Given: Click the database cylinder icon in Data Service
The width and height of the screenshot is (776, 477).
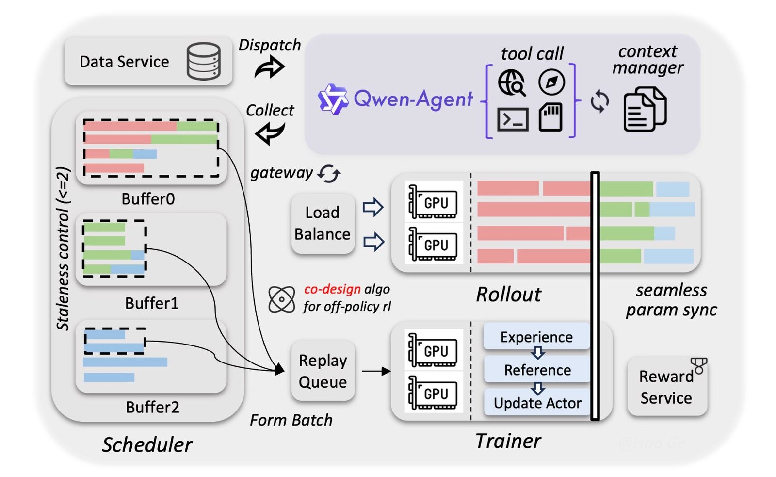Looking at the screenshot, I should (x=204, y=61).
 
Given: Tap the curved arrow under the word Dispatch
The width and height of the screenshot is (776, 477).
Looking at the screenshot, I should (x=269, y=67).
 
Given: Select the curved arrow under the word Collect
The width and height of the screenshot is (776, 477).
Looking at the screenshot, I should (x=270, y=132).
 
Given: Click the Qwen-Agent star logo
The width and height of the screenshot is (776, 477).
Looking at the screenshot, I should (x=333, y=99).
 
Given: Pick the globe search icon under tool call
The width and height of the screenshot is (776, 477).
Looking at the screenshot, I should (x=512, y=82).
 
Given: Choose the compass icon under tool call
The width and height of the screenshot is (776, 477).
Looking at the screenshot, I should (x=551, y=82).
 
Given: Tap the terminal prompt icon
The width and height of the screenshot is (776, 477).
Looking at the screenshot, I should (x=513, y=119).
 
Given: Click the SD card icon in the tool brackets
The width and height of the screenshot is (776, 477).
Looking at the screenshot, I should (x=550, y=118).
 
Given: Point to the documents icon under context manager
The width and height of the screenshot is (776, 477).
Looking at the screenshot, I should (x=645, y=110).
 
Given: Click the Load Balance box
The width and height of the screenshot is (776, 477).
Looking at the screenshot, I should (x=323, y=223).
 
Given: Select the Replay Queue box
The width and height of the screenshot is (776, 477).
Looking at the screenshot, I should (x=323, y=371).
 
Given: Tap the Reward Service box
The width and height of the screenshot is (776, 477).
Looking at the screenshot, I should (x=666, y=387).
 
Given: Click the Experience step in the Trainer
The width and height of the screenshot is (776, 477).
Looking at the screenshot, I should (x=536, y=336).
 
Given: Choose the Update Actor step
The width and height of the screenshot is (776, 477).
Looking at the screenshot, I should (x=537, y=403).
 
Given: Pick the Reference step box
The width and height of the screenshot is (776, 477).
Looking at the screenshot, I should (x=537, y=370).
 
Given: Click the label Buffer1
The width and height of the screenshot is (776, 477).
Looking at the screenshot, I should (x=152, y=303).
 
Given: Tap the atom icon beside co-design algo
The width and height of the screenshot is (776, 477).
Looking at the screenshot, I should (x=282, y=299).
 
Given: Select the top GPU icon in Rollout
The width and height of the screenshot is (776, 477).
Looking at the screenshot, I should (x=434, y=202).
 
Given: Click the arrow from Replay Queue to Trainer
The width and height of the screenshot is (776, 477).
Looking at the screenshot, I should (x=376, y=371).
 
